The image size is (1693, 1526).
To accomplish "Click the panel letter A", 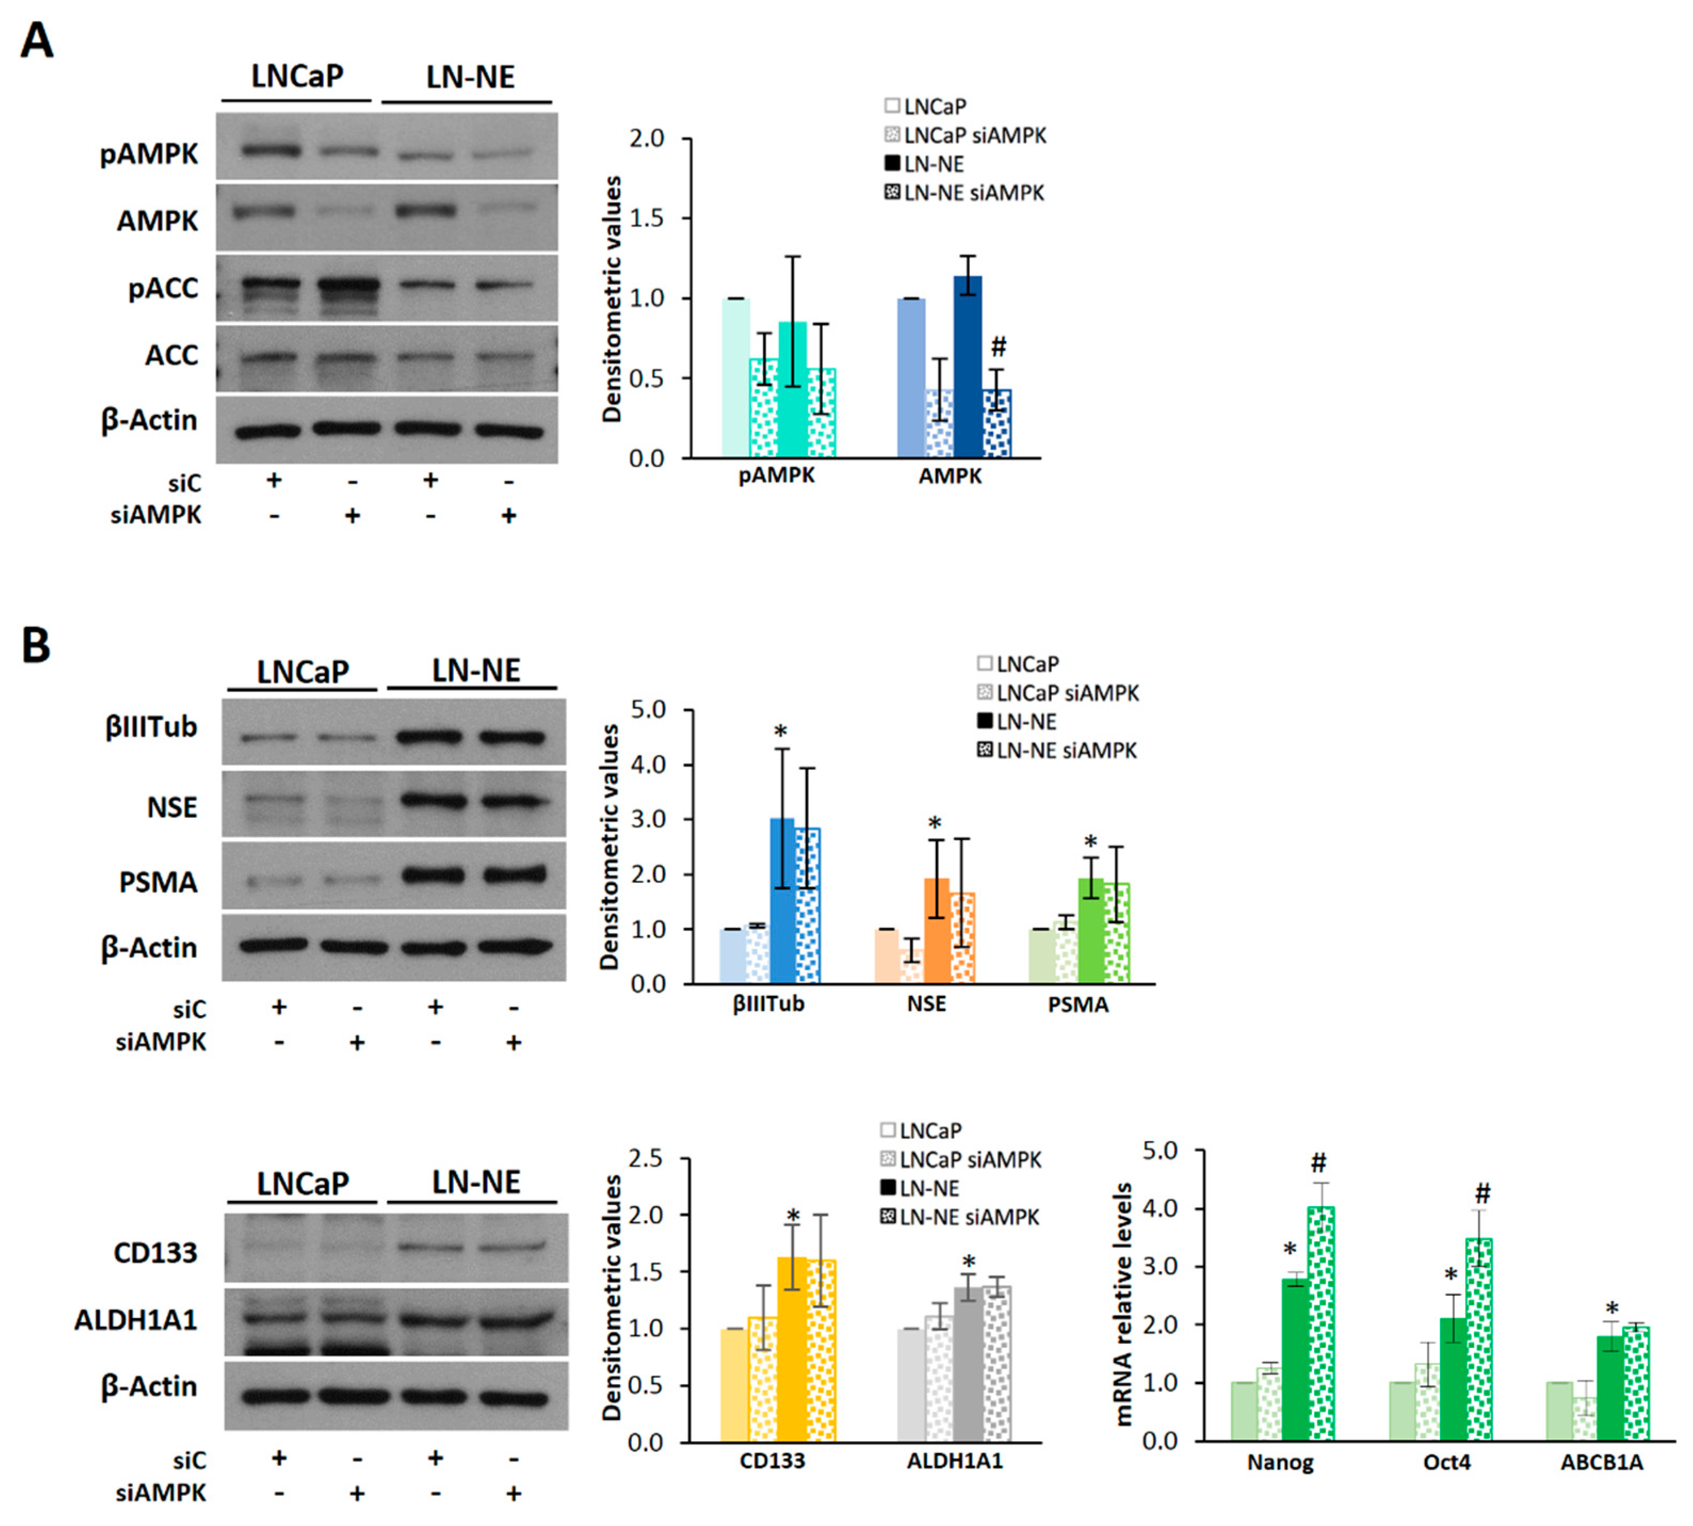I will pyautogui.click(x=36, y=39).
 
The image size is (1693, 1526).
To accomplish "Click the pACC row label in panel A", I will pyautogui.click(x=164, y=288).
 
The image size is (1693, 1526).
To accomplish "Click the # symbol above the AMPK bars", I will pyautogui.click(x=998, y=346).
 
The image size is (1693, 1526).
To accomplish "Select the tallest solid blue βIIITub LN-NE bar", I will pyautogui.click(x=782, y=901).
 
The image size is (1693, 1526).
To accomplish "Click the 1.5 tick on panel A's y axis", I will pyautogui.click(x=646, y=218).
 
